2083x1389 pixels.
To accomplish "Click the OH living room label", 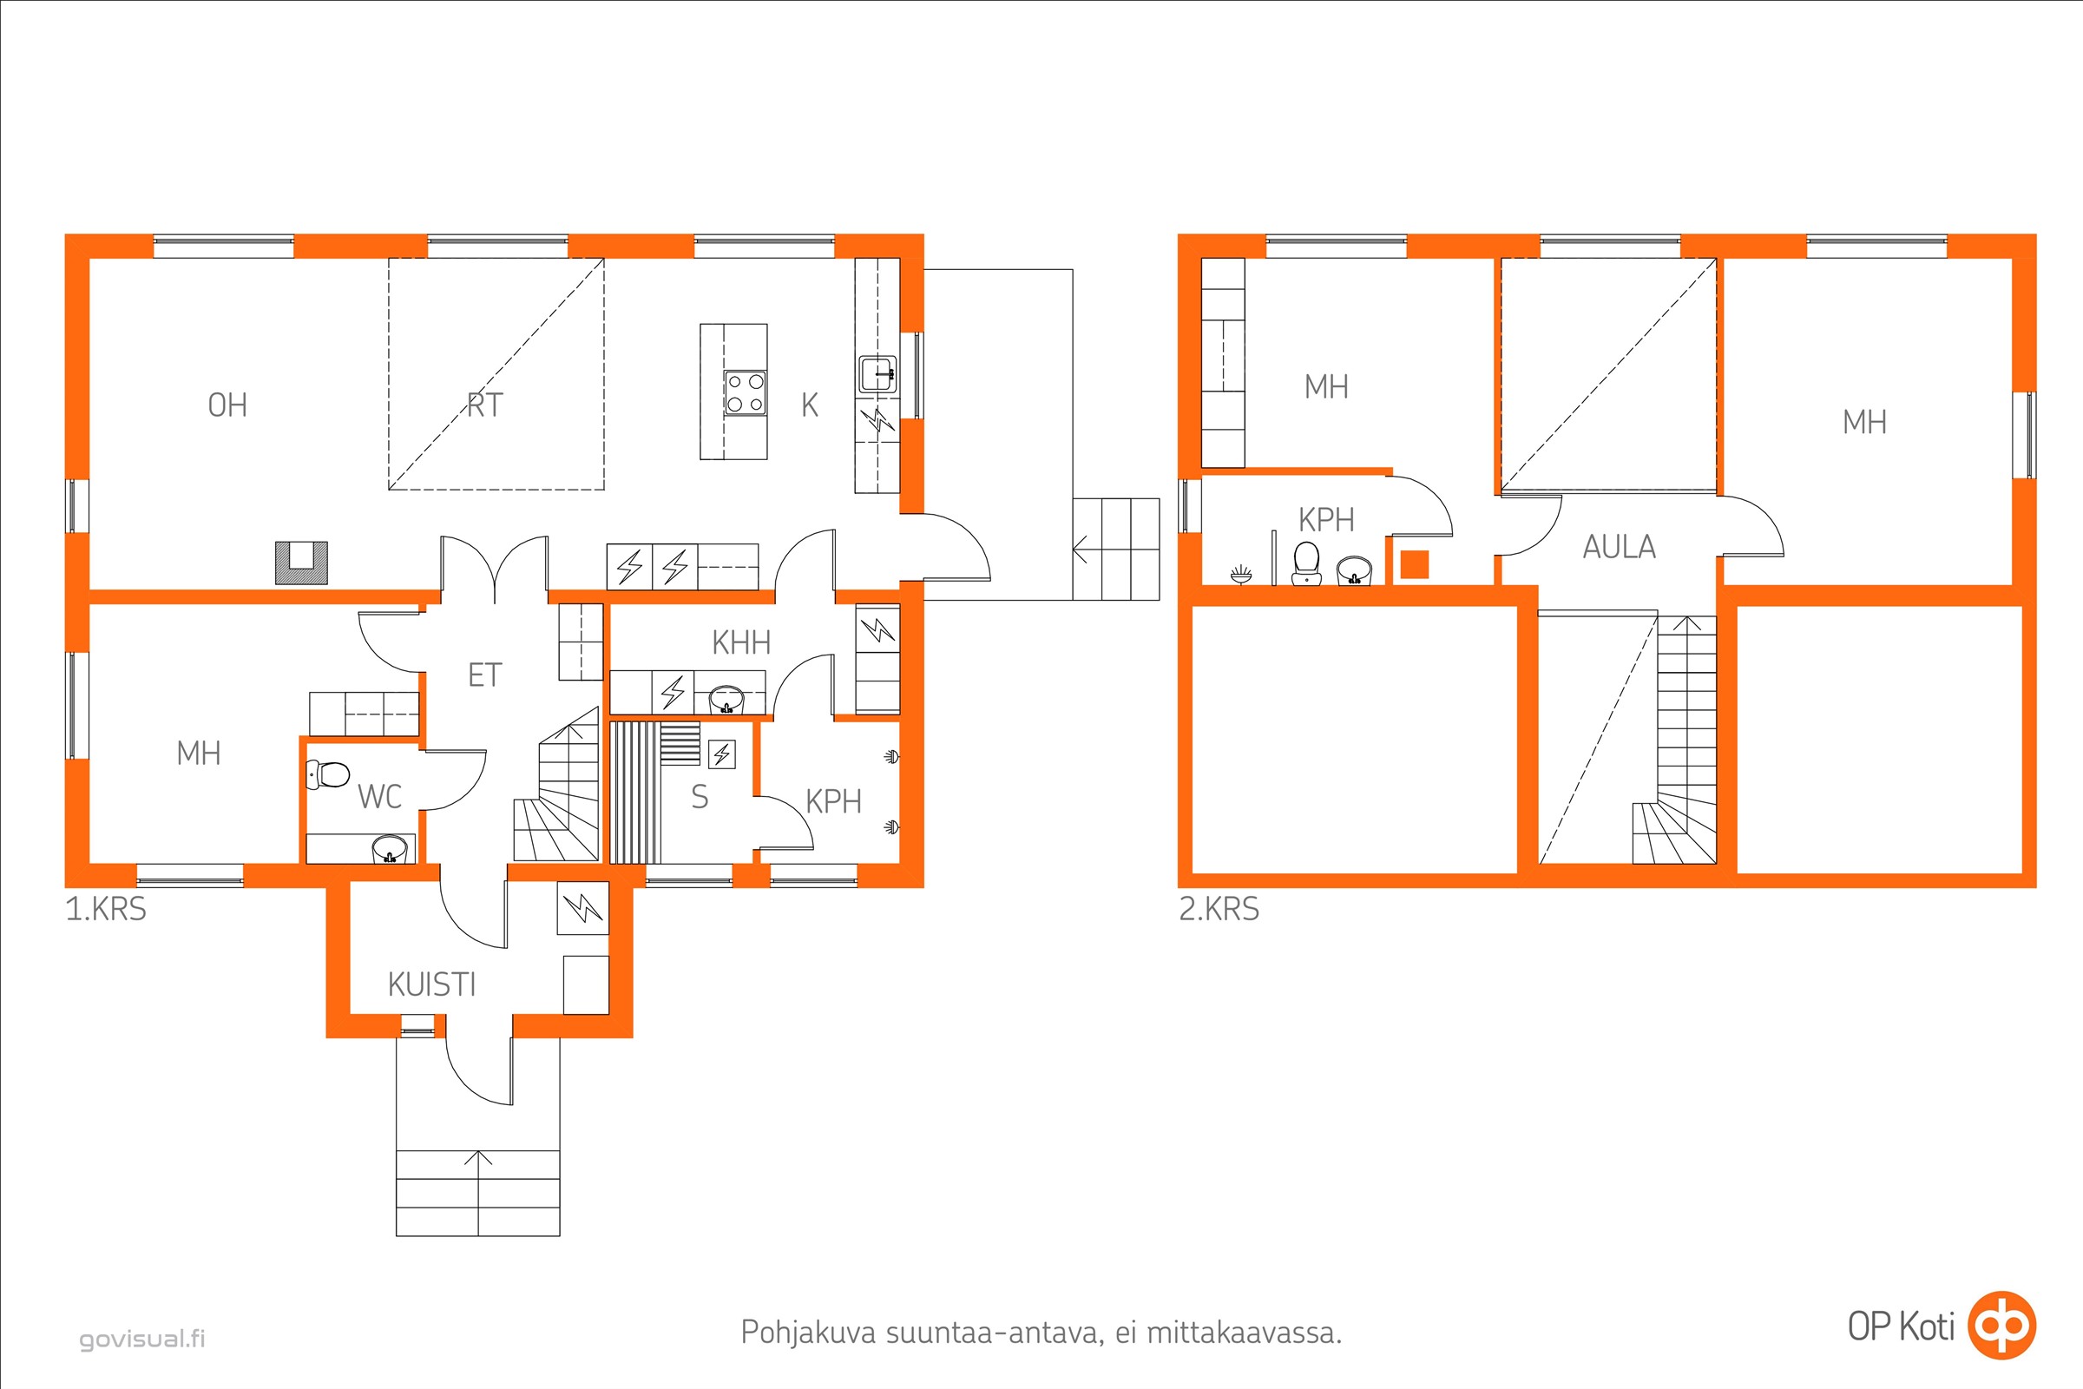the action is tap(227, 405).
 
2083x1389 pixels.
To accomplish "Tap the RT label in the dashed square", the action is tap(484, 405).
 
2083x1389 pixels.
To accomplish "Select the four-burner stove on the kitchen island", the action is tap(745, 392).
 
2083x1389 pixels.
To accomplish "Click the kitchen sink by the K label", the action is tap(877, 374).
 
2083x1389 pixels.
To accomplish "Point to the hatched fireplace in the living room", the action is tap(301, 563).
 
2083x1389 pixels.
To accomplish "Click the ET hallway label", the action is tap(484, 675).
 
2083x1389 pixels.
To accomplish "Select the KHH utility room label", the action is tap(741, 642).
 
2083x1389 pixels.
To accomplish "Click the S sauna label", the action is tap(700, 797).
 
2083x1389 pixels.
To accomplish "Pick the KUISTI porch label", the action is tap(431, 984).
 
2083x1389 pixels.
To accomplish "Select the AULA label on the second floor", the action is tap(1619, 547).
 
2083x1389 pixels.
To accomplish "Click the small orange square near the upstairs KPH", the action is tap(1415, 564).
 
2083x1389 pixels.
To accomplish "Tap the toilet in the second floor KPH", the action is tap(1306, 563).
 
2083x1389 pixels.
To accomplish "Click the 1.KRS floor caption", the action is tap(105, 909).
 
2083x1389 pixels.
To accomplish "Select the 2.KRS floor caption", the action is tap(1219, 909).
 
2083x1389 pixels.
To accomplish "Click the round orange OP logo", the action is tap(2001, 1326).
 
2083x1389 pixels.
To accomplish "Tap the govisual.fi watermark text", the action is tap(142, 1338).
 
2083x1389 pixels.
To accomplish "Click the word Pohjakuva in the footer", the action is tap(809, 1333).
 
